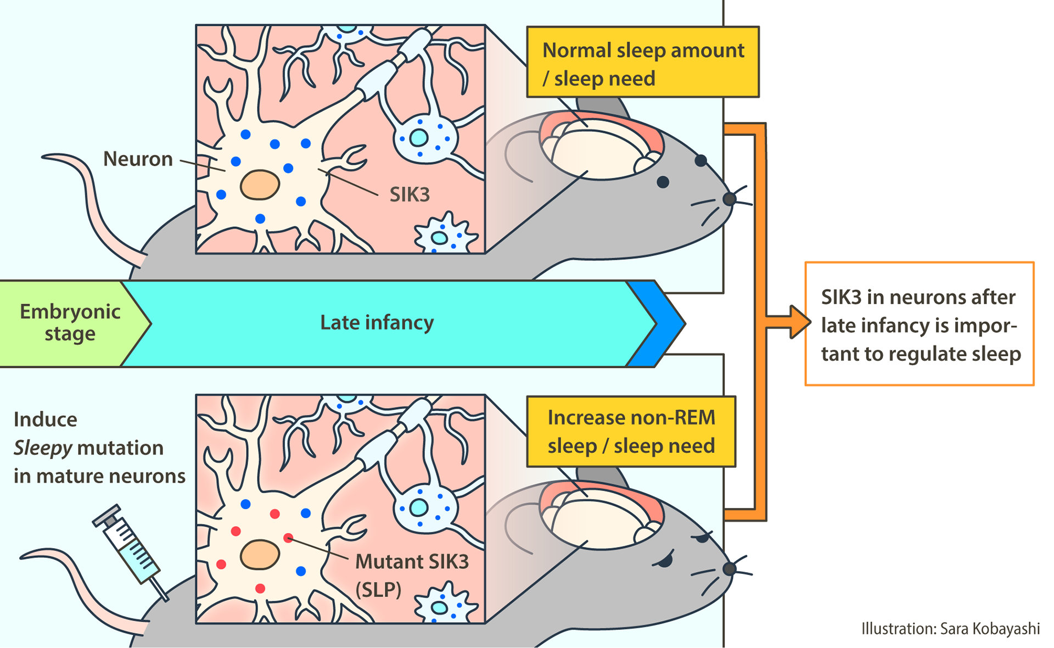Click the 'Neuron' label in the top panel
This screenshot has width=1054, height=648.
click(138, 159)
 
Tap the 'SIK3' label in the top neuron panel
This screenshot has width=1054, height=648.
click(410, 195)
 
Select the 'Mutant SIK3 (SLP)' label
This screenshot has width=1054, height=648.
click(412, 574)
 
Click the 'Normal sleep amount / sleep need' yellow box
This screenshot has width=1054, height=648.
click(643, 62)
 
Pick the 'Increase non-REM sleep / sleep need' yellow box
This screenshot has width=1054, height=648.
click(631, 432)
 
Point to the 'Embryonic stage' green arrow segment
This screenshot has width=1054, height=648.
click(70, 323)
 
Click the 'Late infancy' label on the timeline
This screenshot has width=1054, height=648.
click(377, 323)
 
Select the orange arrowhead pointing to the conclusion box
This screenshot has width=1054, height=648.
click(799, 322)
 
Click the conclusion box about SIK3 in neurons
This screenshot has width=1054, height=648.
click(920, 324)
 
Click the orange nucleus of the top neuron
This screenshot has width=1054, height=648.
click(260, 185)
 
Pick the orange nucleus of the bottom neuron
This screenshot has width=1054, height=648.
click(260, 555)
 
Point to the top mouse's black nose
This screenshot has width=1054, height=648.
click(730, 198)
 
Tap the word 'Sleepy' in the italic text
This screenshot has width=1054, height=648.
click(43, 448)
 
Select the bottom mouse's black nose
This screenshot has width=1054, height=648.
click(730, 568)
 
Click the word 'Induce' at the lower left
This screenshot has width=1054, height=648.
click(46, 420)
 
